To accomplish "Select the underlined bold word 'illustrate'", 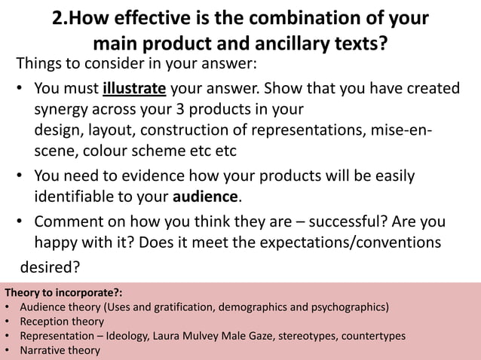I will (135, 89).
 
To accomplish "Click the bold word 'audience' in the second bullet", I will (206, 197).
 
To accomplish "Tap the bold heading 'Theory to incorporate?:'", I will (63, 292).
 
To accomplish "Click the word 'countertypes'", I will (373, 335).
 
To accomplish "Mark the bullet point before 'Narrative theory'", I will (8, 349).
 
